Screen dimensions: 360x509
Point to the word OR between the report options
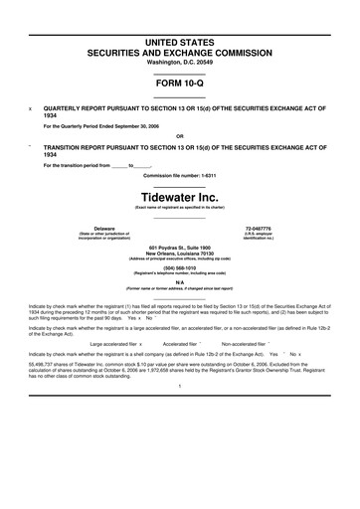click(179, 137)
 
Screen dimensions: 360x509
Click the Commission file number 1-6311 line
click(179, 174)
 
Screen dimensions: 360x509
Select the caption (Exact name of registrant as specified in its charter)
click(179, 206)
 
